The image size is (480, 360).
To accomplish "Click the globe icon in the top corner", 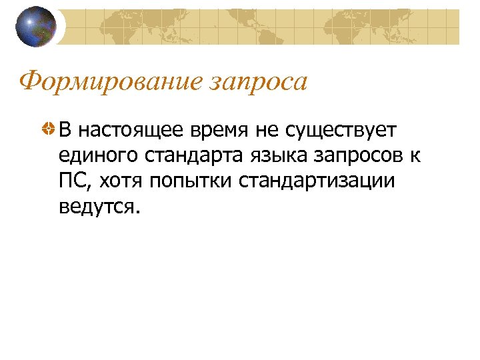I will pos(36,26).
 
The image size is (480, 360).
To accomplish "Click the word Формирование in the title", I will pos(110,82).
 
